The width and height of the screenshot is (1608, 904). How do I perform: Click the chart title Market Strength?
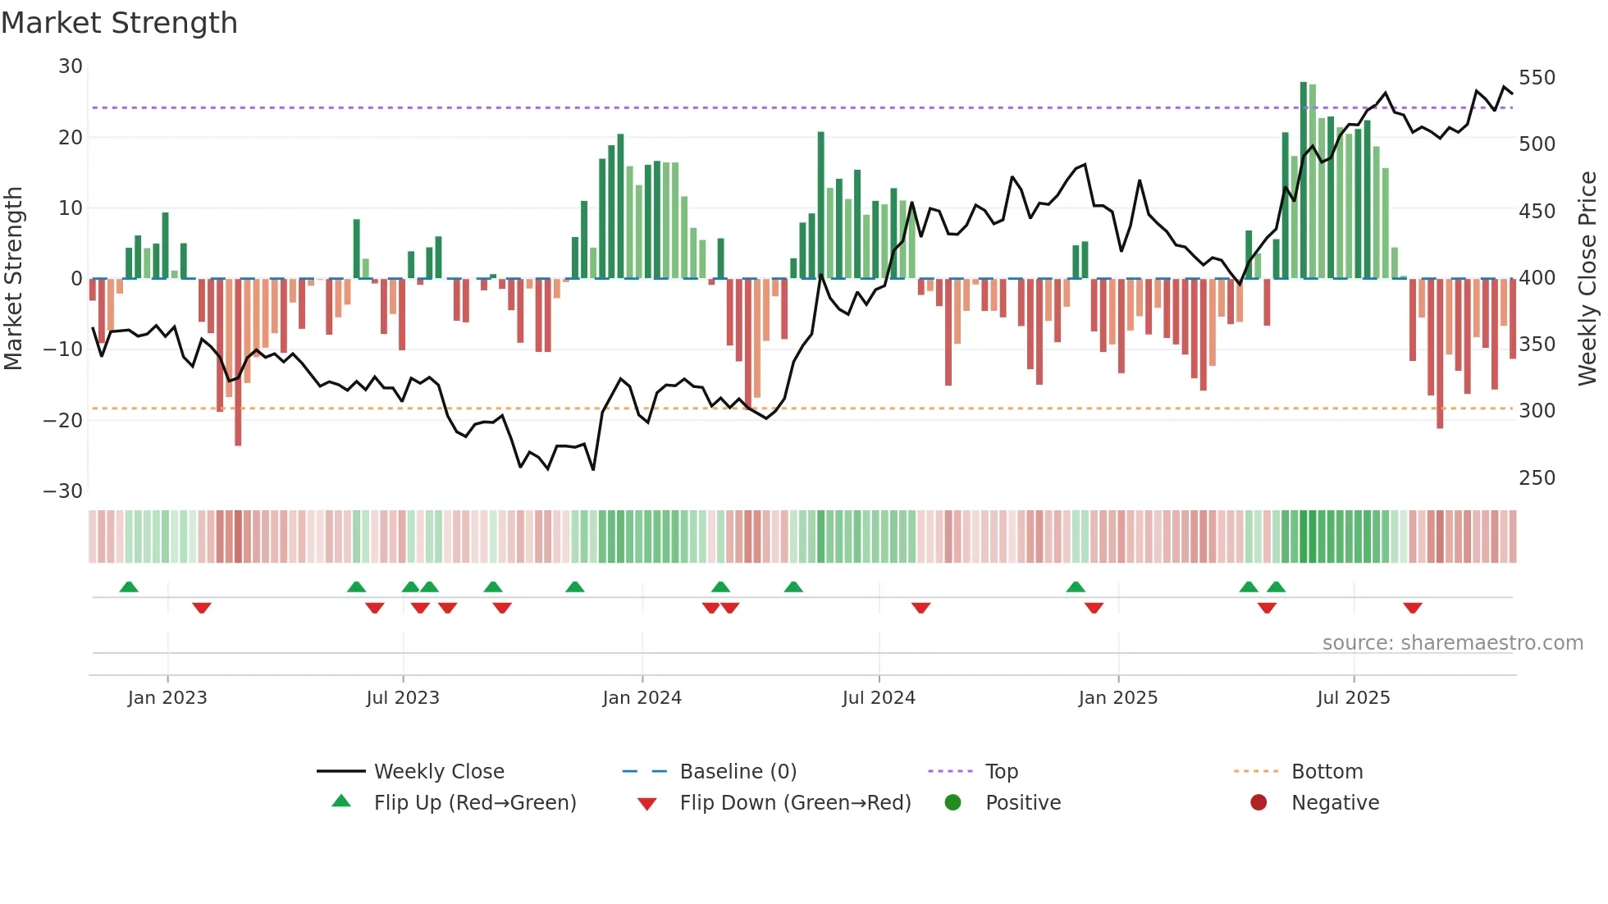[x=119, y=23]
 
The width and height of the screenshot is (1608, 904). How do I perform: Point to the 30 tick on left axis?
[x=71, y=66]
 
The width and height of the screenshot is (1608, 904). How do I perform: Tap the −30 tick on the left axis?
[x=63, y=491]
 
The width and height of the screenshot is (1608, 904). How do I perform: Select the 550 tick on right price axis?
[x=1537, y=78]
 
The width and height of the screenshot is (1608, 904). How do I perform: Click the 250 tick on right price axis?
[x=1537, y=478]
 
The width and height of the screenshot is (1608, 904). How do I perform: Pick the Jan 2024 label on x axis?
[x=642, y=698]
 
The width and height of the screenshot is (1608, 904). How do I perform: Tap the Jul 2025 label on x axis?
[x=1354, y=698]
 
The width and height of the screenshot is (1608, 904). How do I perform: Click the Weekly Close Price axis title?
[x=1587, y=279]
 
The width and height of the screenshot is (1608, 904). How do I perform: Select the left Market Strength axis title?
[x=14, y=279]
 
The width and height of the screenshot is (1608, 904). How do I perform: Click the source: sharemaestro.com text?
[x=1452, y=643]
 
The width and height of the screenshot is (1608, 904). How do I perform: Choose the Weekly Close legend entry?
[x=439, y=772]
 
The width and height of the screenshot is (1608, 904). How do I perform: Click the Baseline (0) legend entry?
[x=738, y=772]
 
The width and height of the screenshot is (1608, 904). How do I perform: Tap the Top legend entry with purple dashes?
[x=1001, y=772]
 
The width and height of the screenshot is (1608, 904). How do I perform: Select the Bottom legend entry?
[x=1327, y=772]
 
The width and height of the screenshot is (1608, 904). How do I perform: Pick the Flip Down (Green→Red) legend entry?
[x=794, y=803]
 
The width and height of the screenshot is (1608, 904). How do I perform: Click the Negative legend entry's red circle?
[x=1259, y=803]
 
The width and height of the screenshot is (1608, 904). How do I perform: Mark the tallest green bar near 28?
[x=1304, y=180]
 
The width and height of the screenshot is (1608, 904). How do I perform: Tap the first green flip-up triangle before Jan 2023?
[x=129, y=587]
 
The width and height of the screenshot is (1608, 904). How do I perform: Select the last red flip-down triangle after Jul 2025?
[x=1412, y=608]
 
